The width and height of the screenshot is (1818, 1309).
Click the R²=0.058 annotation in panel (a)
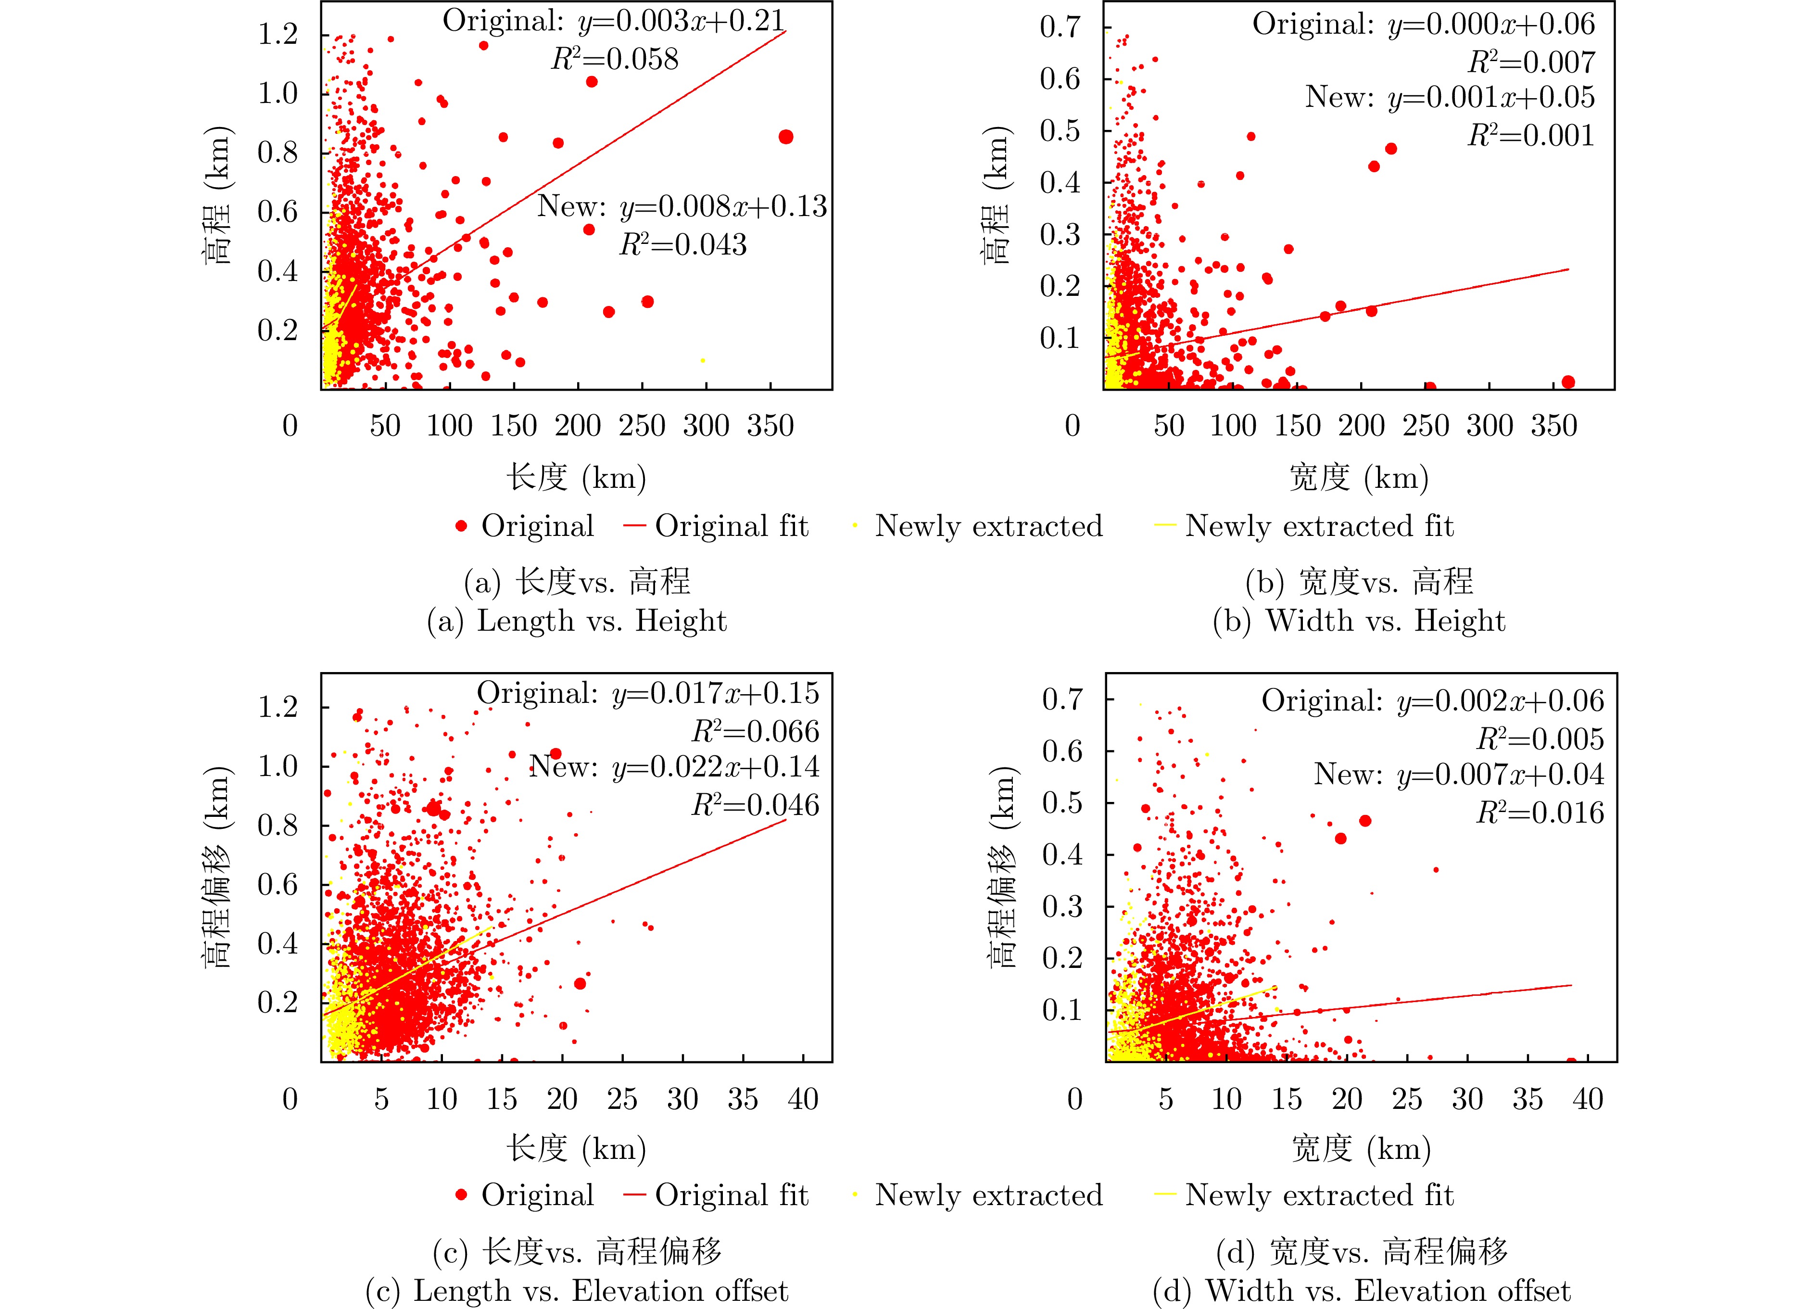point(615,59)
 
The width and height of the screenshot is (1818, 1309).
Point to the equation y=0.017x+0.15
point(716,693)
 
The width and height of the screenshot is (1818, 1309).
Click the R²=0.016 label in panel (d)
point(1540,813)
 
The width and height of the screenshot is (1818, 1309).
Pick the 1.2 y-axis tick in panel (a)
point(278,35)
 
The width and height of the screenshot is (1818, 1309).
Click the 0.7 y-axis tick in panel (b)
point(1060,27)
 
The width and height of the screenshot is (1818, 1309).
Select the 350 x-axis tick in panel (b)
point(1553,426)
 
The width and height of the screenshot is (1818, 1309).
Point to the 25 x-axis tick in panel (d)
point(1407,1098)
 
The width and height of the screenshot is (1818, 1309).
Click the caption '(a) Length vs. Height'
point(577,621)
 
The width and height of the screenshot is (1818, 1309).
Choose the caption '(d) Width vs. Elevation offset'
point(1361,1291)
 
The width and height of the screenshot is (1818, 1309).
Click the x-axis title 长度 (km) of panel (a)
point(576,478)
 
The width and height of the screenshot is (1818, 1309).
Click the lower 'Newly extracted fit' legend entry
point(1303,1195)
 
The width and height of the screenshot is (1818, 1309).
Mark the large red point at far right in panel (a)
point(785,137)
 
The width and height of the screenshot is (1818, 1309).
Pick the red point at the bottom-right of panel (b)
point(1568,382)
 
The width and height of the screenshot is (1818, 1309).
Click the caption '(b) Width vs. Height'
point(1360,621)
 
